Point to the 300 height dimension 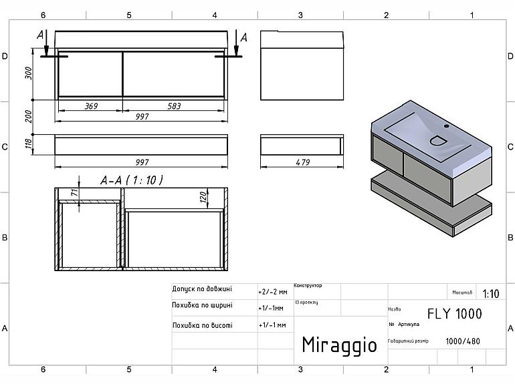[x=28, y=73]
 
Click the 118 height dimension [x=28, y=144]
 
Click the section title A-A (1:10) [x=132, y=180]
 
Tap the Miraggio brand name [x=339, y=345]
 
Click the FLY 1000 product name [x=454, y=314]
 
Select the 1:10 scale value [x=490, y=293]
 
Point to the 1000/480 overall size [x=462, y=341]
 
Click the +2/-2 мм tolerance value [x=272, y=292]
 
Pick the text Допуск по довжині [x=202, y=289]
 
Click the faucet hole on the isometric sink [x=447, y=125]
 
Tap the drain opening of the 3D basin [x=437, y=141]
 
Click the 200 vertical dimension [x=28, y=116]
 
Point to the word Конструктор [x=308, y=285]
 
